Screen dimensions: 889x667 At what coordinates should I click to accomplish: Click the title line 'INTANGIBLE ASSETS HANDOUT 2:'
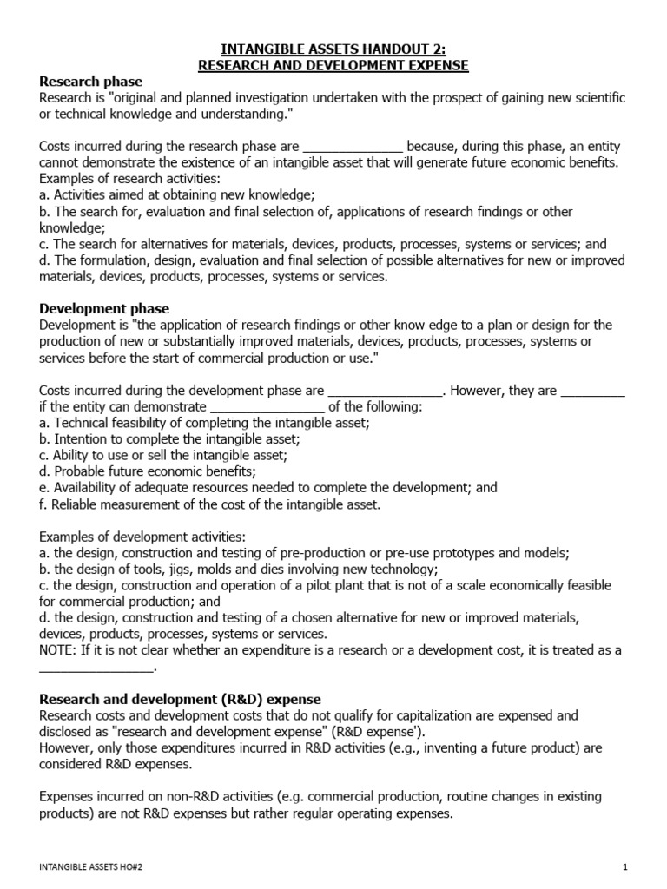(x=334, y=48)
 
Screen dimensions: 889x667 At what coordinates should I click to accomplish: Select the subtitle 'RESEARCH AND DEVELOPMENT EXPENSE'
(x=334, y=65)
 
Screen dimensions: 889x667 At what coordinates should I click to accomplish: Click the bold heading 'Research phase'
(x=90, y=82)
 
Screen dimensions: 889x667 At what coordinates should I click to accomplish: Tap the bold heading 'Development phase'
(x=104, y=308)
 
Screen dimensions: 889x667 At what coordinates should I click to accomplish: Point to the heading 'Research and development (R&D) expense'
(x=181, y=699)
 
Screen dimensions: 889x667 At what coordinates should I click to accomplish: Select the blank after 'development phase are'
(x=386, y=391)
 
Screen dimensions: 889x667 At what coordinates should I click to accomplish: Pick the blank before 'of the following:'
(x=267, y=407)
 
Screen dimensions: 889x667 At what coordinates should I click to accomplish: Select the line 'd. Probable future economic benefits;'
(x=148, y=471)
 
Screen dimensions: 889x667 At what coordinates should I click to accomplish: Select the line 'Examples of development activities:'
(x=149, y=537)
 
